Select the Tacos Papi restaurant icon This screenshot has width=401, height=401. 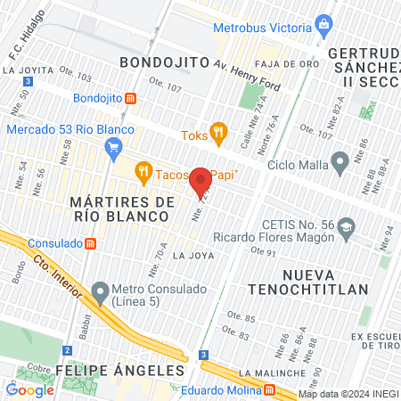(143, 170)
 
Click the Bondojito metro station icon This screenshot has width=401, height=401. (131, 97)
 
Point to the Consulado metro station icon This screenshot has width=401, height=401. (89, 243)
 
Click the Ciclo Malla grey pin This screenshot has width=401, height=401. (340, 162)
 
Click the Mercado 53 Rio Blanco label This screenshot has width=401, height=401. (70, 130)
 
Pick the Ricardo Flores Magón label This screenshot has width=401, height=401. (272, 238)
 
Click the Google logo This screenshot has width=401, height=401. (30, 389)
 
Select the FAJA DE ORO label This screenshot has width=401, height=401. (281, 64)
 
